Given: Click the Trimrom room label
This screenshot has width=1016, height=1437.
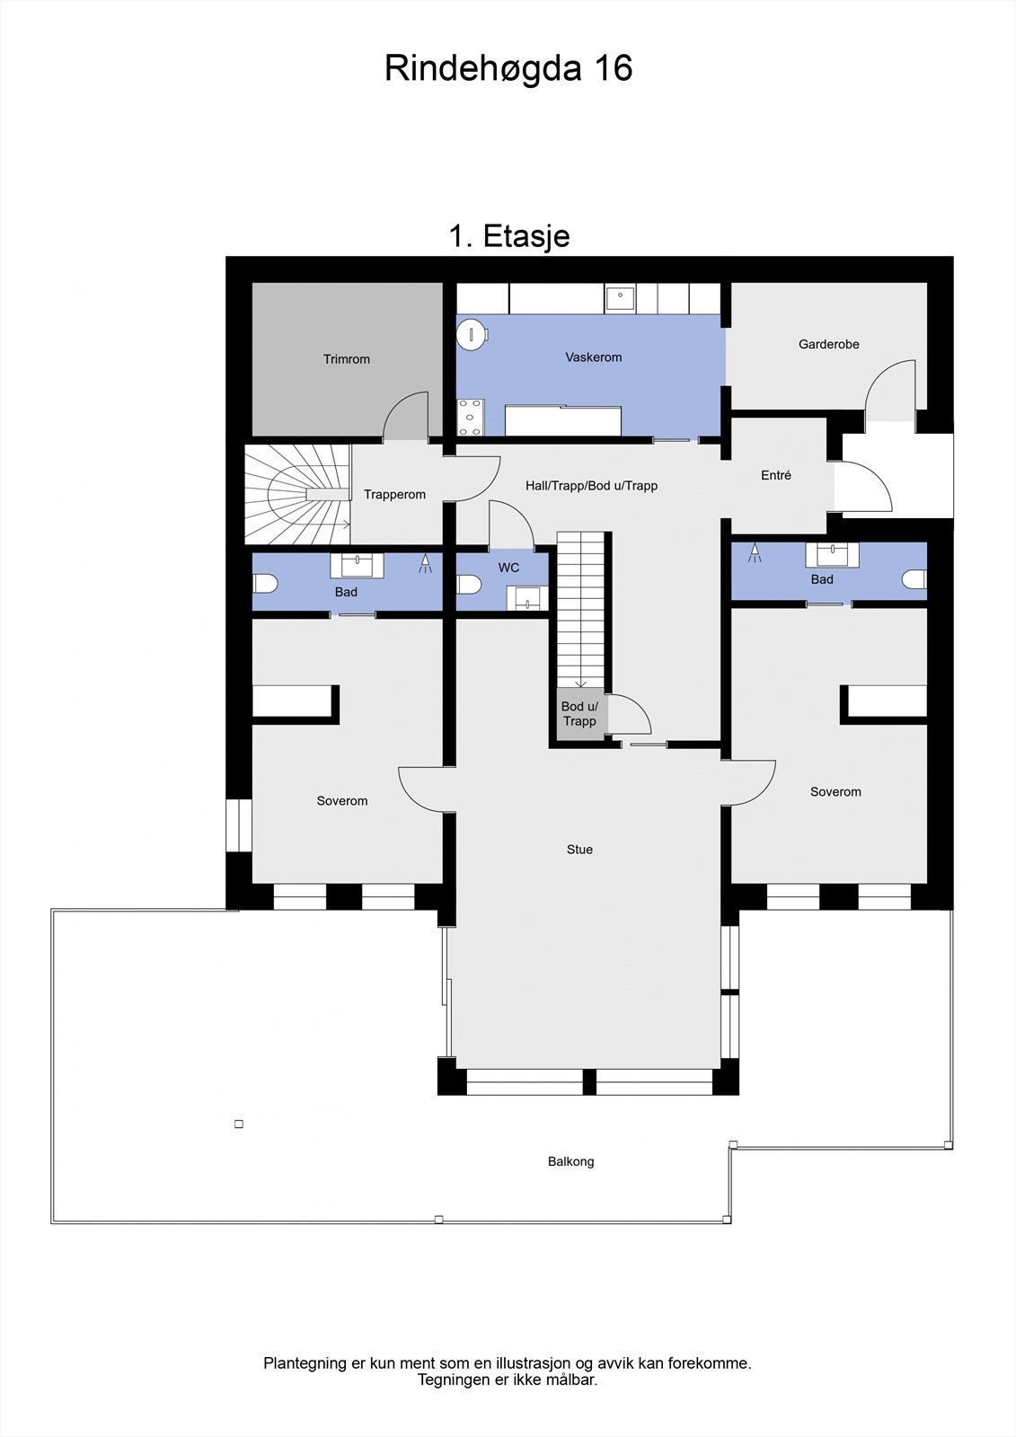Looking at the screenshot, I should pos(347,359).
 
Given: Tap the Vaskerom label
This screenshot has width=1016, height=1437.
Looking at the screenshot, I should pos(593,357).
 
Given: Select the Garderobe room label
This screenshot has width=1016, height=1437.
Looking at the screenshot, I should pos(828,344).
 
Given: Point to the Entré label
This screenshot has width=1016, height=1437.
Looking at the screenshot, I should pos(776,475).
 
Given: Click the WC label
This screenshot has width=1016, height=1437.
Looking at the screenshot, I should pos(508,568).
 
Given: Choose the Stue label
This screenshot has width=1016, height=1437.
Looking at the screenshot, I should pos(579,850).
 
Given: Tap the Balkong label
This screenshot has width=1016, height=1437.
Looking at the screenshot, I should pos(570,1161).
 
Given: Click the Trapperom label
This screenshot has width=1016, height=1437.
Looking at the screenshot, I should pos(394,495).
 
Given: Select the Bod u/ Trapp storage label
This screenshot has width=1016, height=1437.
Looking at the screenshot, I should pos(579,714).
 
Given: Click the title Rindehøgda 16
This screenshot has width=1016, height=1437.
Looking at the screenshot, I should pos(508,68).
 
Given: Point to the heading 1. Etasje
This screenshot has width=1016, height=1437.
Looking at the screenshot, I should pos(508,236).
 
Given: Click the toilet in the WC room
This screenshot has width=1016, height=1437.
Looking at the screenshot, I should pos(469,585).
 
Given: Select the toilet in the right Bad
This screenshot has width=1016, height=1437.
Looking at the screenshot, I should pos(914,579).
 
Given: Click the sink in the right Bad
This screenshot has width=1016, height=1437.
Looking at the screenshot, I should pos(832,553).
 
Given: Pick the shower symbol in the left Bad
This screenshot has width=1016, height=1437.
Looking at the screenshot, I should pos(425,564).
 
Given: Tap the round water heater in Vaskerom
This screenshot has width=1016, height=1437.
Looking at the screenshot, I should pos(470,335).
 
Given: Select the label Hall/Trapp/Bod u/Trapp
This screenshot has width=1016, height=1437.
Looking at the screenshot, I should pos(591,486).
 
